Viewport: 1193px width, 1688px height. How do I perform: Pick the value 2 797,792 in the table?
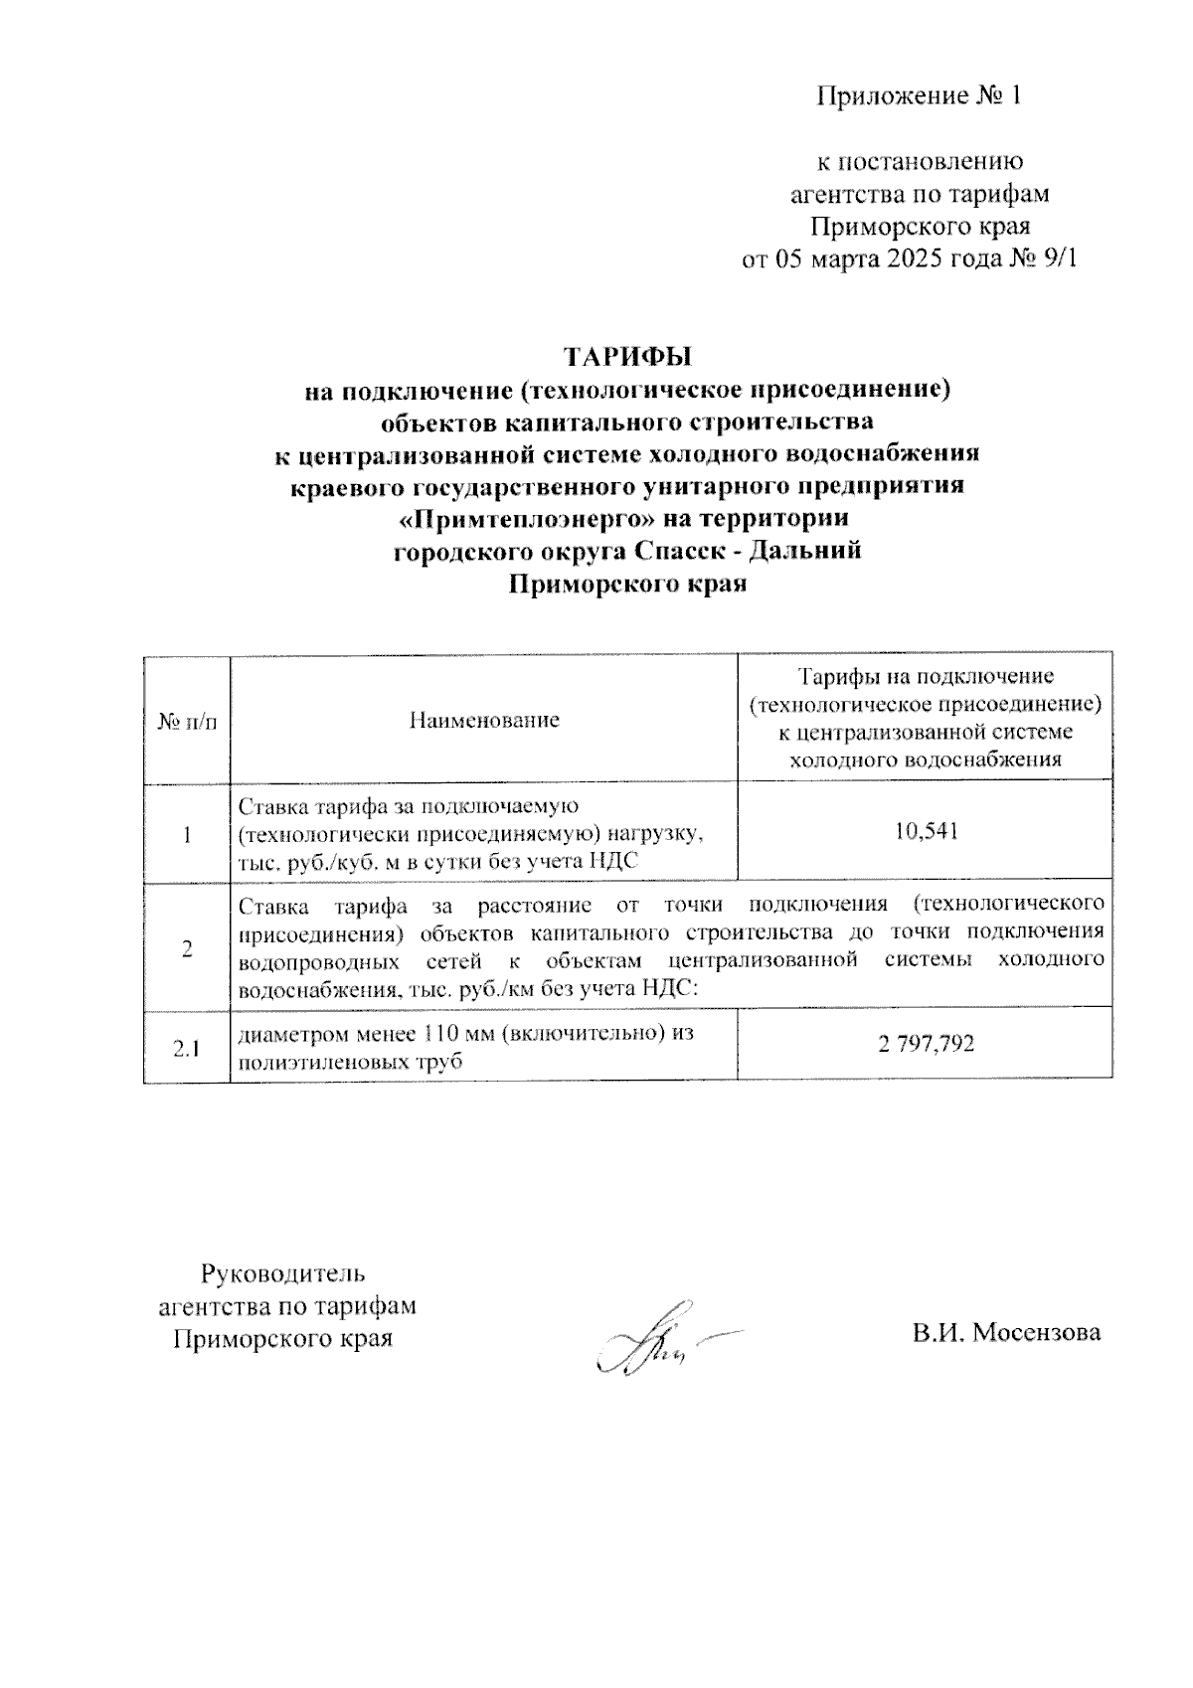(x=926, y=1044)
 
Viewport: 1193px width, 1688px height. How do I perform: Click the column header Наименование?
(x=484, y=720)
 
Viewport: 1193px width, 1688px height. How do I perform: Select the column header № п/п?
(x=187, y=720)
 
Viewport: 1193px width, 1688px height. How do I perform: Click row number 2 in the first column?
(x=187, y=948)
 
